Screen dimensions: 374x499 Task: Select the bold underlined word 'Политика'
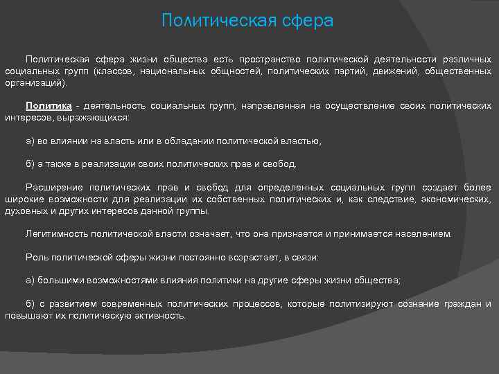pyautogui.click(x=49, y=106)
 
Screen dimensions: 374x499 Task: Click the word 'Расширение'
pyautogui.click(x=54, y=188)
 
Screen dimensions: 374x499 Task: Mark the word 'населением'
pyautogui.click(x=422, y=234)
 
